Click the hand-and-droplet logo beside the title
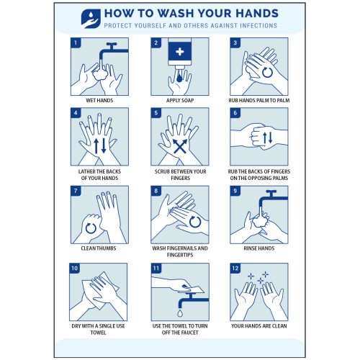point(91,19)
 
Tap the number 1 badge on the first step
point(76,43)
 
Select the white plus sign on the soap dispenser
point(179,51)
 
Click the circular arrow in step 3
point(267,72)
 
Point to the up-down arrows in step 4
point(100,145)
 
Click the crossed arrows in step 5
point(180,146)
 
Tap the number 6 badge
point(235,113)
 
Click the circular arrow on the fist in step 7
point(91,228)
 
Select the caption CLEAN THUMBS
point(99,248)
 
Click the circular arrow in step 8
point(195,222)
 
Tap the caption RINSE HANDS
point(259,248)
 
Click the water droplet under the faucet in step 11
point(180,313)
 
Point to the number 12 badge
point(235,269)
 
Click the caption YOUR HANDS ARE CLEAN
point(259,326)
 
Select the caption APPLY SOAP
point(180,100)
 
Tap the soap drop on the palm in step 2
point(179,77)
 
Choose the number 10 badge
point(75,269)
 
